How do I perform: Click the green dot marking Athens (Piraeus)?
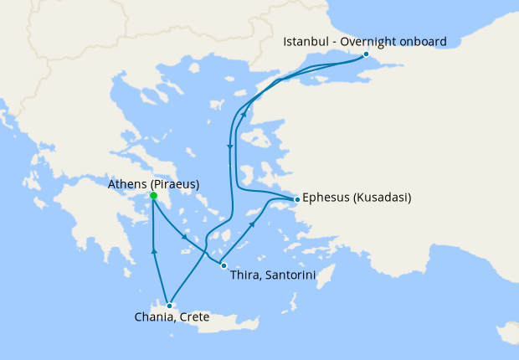tap(153, 197)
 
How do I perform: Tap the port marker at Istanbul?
tap(366, 54)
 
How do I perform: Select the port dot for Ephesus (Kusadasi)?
tap(296, 199)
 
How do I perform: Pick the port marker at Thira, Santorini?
tap(223, 265)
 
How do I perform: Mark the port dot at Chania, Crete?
tap(169, 305)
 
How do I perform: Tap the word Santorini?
tap(277, 273)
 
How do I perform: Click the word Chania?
tap(153, 317)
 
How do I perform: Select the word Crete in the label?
tap(193, 317)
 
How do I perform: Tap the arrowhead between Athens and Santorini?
tap(184, 239)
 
